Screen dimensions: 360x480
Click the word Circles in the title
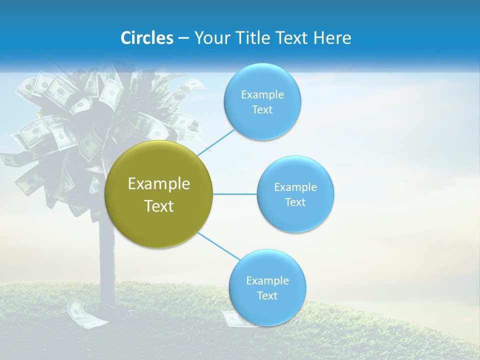(x=146, y=38)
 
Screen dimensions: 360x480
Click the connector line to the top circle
(x=216, y=142)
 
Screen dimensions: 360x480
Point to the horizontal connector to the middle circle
(x=234, y=193)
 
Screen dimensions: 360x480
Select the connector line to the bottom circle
(x=218, y=246)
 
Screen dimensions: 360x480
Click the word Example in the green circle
(x=159, y=184)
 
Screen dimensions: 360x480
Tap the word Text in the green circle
(x=159, y=206)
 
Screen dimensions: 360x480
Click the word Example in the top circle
(x=262, y=95)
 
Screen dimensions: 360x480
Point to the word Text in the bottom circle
(x=267, y=295)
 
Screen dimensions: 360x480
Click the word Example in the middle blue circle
(x=295, y=187)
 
